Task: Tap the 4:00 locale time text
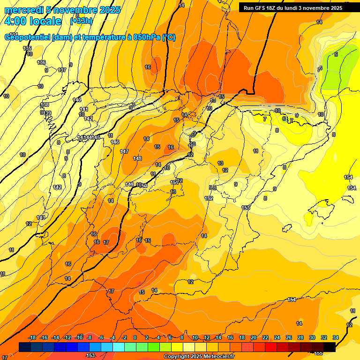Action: point(33,21)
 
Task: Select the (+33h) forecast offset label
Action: point(82,21)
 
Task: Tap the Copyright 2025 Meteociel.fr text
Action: point(199,357)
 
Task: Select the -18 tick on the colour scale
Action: point(32,337)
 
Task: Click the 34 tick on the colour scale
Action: point(336,337)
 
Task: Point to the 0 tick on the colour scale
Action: point(135,337)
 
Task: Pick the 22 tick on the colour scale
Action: point(265,337)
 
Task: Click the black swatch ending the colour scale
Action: point(330,347)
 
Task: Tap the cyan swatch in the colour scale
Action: point(119,347)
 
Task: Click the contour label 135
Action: point(27,49)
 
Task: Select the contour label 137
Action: point(62,70)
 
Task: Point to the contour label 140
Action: point(77,100)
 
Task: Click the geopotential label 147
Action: point(124,151)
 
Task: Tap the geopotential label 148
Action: point(137,158)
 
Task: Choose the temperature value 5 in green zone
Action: point(336,55)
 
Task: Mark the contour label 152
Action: point(209,198)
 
